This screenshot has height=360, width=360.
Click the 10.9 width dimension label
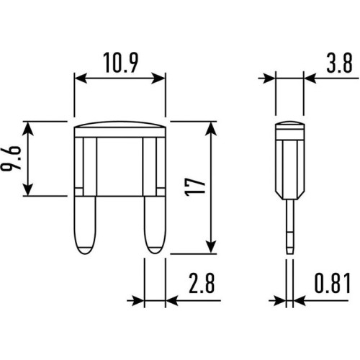pyautogui.click(x=121, y=63)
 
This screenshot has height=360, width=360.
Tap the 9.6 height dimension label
pyautogui.click(x=11, y=158)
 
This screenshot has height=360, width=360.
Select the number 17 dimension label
pyautogui.click(x=197, y=187)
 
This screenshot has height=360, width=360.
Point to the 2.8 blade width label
pyautogui.click(x=202, y=283)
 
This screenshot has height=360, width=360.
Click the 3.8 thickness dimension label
pyautogui.click(x=339, y=63)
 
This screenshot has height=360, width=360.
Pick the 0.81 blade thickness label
pyautogui.click(x=333, y=283)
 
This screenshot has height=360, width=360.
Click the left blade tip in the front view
pyautogui.click(x=85, y=250)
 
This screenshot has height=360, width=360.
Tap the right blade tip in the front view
pyautogui.click(x=155, y=250)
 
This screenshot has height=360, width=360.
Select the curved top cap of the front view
pyautogui.click(x=120, y=125)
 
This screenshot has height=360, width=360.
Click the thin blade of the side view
pyautogui.click(x=290, y=227)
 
